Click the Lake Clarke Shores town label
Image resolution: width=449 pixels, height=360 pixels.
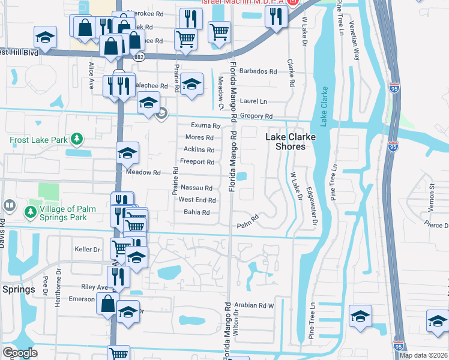click(291, 142)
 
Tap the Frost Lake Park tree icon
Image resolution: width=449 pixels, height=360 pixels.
click(76, 140)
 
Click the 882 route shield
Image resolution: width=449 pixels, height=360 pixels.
click(139, 56)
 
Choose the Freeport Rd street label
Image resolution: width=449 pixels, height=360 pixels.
click(197, 162)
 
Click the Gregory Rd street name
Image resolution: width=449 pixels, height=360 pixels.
click(256, 116)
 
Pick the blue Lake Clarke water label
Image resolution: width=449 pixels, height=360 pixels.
click(325, 107)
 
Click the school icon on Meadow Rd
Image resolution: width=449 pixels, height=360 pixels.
click(127, 154)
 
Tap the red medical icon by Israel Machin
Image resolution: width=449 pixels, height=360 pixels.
click(292, 2)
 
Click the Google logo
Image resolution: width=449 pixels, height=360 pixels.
click(20, 353)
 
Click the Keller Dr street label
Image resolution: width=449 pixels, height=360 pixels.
click(86, 249)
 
